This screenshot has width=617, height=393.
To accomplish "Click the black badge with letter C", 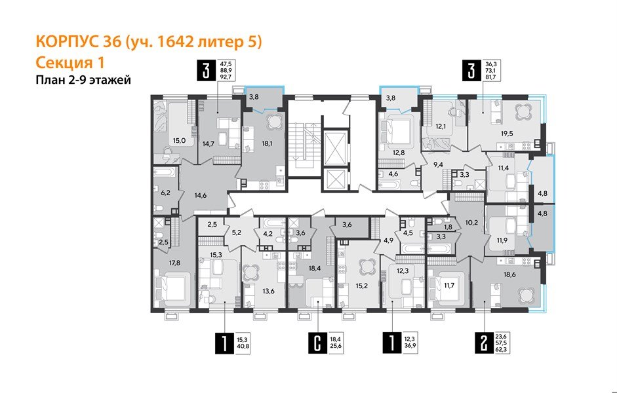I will (317, 342).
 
